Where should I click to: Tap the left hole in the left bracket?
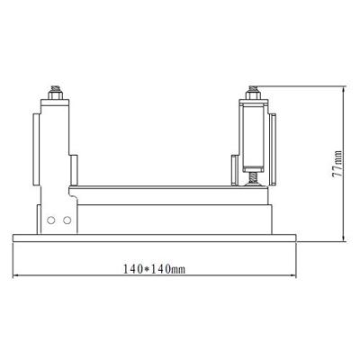tap(52, 220)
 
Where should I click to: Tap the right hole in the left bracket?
tap(64, 220)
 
